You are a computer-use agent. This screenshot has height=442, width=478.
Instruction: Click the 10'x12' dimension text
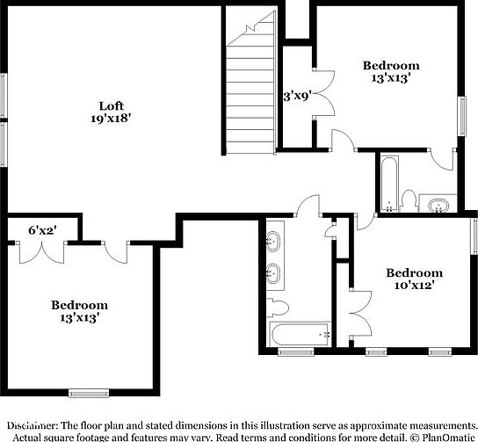414,286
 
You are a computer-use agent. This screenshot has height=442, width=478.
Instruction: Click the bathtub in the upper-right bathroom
387,183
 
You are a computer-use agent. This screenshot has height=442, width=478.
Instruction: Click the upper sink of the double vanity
272,240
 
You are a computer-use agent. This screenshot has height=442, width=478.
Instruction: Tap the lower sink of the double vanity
272,273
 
